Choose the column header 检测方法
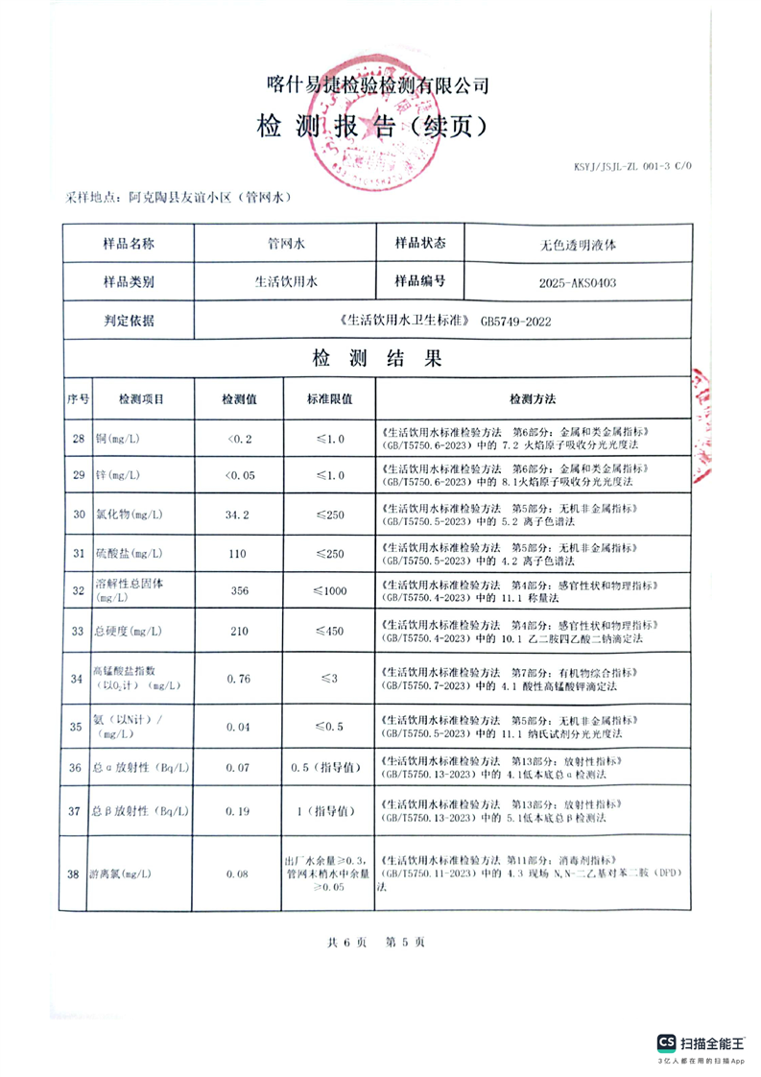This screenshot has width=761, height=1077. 533,398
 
